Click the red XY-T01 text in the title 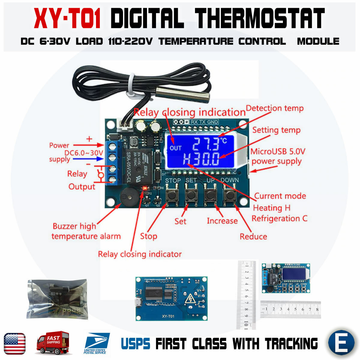(67, 19)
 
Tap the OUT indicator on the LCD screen (175, 148)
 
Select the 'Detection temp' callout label (274, 108)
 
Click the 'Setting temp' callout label (276, 130)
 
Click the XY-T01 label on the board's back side (168, 316)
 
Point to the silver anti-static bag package (57, 299)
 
